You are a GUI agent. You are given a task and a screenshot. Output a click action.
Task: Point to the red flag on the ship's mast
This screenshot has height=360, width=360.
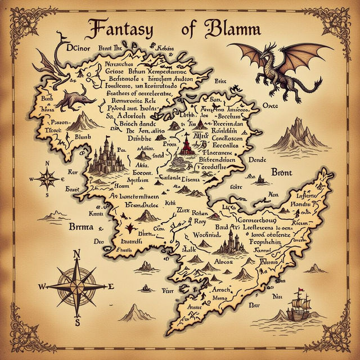point(300,291)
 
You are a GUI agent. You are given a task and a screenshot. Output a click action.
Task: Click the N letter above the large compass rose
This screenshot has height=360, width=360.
point(77,253)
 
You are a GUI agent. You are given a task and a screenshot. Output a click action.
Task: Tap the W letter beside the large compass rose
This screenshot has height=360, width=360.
point(40,286)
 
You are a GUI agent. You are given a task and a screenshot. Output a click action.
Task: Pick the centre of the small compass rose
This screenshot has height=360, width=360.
point(49,179)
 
